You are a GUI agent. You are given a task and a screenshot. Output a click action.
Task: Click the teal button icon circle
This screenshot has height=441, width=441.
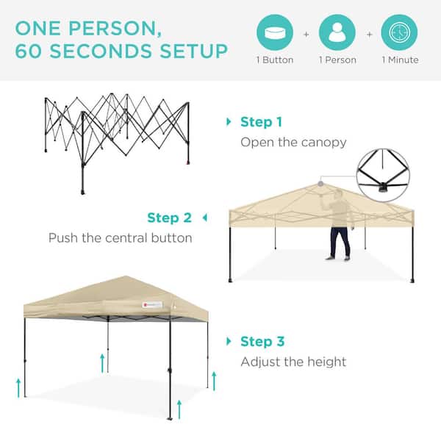coord(275,32)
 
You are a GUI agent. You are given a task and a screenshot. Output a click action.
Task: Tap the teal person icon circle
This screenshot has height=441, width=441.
coord(337,32)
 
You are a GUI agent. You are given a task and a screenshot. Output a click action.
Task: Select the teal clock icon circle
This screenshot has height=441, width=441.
coord(399,32)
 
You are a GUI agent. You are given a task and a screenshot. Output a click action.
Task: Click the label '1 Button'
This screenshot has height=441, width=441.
coord(275,60)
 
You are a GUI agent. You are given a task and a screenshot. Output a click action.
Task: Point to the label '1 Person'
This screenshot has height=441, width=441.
coord(337,60)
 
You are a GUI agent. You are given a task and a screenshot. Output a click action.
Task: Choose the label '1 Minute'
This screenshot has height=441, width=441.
coord(400,60)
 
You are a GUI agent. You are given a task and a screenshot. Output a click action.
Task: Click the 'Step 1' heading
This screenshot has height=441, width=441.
coord(261,122)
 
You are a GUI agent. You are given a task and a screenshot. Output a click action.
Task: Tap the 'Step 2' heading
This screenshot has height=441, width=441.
coord(169,218)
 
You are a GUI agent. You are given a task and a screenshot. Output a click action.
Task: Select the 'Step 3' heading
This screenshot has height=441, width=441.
coord(262,342)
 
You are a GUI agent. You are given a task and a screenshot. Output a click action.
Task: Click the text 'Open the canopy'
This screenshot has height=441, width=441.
coord(293,143)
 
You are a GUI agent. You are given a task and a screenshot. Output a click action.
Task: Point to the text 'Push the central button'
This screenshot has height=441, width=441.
coord(121,238)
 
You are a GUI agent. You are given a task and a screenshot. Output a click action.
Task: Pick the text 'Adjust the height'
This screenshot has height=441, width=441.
coord(293,362)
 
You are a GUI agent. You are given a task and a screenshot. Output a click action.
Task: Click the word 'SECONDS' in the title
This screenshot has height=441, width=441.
coord(101,51)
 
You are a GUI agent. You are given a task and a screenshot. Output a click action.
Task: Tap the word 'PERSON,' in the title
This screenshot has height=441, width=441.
coord(115,29)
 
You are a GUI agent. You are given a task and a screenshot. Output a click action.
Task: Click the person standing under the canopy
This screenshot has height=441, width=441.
coord(339,224)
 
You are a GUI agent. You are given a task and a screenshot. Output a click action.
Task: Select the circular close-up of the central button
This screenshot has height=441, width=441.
coord(383,175)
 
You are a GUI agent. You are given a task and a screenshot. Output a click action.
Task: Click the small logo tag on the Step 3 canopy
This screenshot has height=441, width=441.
coord(152,305)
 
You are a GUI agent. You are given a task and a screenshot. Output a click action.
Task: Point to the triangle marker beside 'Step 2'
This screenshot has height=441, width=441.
coord(205,218)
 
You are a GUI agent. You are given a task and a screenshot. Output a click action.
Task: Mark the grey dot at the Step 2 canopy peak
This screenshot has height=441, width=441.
coord(320,184)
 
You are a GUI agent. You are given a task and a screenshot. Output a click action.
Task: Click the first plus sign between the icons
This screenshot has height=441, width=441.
coord(306,35)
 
